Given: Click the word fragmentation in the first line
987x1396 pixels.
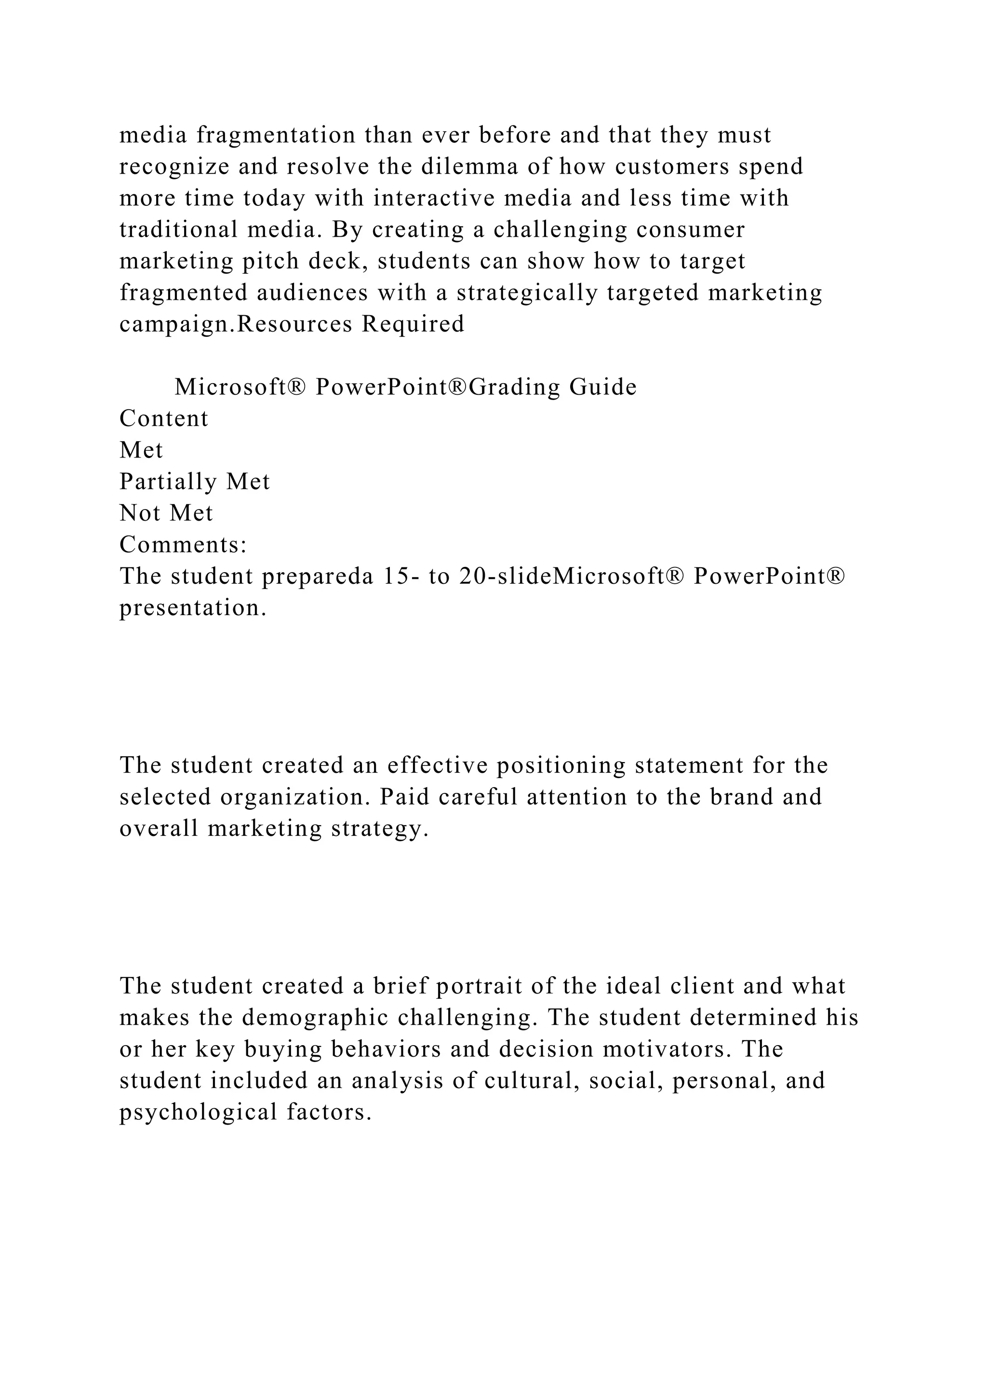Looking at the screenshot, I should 276,135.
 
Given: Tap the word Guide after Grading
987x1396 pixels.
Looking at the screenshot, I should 602,387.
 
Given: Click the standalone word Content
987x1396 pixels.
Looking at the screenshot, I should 163,419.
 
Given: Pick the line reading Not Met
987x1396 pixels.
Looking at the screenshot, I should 166,514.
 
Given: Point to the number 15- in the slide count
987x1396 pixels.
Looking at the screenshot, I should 400,577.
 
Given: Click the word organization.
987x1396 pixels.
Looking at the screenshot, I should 295,798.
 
